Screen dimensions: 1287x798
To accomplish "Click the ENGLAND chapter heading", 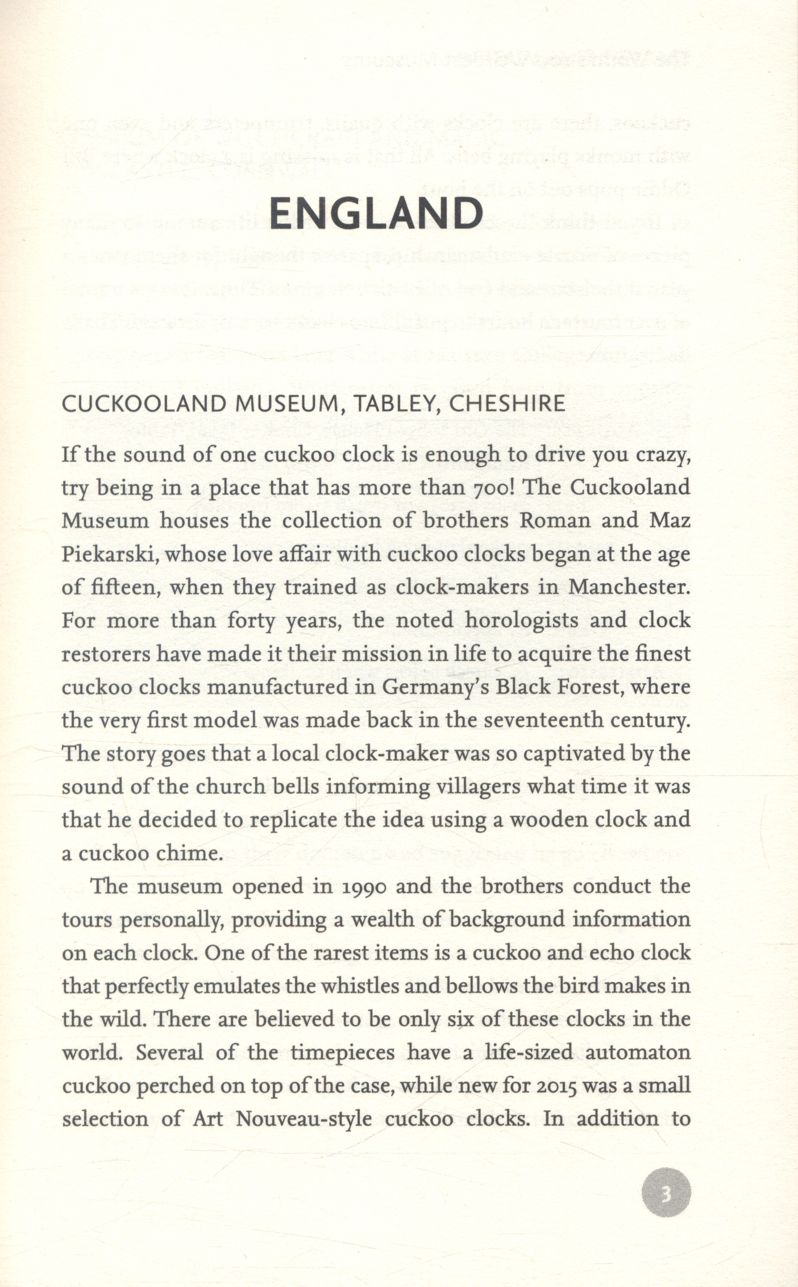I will pos(376,214).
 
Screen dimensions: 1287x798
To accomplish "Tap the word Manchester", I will pos(629,587).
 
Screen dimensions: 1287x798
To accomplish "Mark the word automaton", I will pos(638,1053).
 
